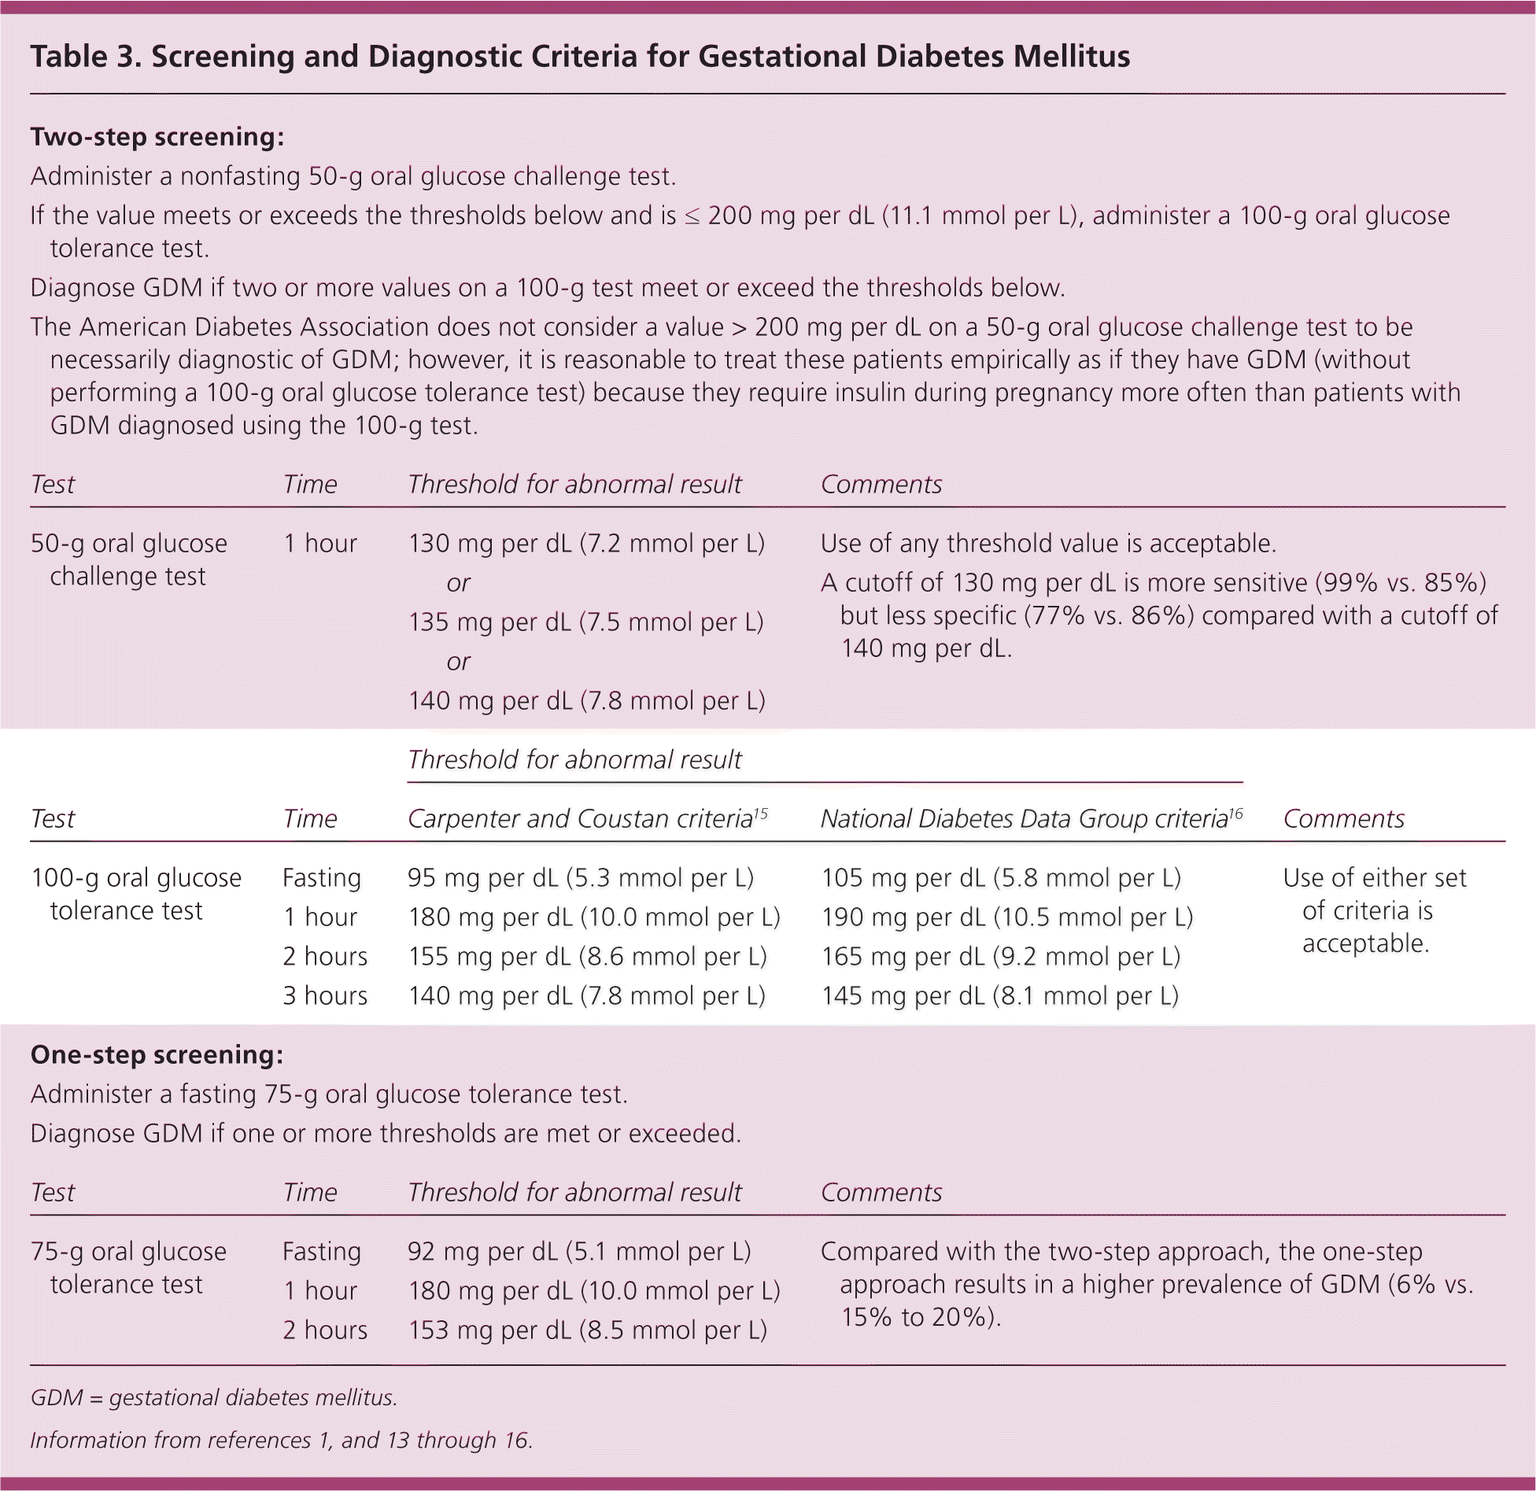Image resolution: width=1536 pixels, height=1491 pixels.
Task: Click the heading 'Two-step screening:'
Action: pyautogui.click(x=157, y=137)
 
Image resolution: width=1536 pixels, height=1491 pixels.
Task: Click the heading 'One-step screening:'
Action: pyautogui.click(x=157, y=1054)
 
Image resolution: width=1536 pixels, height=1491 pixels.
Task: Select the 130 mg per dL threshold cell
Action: pyautogui.click(x=586, y=544)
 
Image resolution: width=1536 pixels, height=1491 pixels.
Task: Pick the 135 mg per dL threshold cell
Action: pyautogui.click(x=585, y=622)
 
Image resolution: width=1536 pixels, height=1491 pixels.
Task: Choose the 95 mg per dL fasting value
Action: pyautogui.click(x=581, y=878)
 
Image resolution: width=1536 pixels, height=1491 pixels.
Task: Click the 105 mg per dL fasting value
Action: pyautogui.click(x=1001, y=878)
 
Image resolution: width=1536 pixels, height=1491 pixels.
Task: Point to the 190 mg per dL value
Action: pyautogui.click(x=1007, y=917)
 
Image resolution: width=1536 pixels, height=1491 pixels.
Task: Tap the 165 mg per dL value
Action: pyautogui.click(x=1001, y=957)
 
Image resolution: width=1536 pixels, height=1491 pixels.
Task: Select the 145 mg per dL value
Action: pyautogui.click(x=1000, y=996)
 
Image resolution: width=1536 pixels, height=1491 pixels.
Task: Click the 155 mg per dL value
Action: pyautogui.click(x=587, y=957)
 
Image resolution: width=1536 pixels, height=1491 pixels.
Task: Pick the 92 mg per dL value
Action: pyautogui.click(x=579, y=1252)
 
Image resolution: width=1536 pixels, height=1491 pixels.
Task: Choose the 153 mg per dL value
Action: pyautogui.click(x=587, y=1330)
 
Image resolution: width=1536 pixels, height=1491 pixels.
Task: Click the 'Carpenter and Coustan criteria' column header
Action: pyautogui.click(x=581, y=819)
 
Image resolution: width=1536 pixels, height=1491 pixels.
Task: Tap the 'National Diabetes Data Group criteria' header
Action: pyautogui.click(x=1024, y=819)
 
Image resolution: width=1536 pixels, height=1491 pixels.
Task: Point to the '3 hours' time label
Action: pyautogui.click(x=325, y=996)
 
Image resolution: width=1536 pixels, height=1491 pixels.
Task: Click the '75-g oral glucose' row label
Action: pyautogui.click(x=128, y=1252)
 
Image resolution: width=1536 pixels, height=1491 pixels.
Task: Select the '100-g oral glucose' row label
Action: pyautogui.click(x=136, y=878)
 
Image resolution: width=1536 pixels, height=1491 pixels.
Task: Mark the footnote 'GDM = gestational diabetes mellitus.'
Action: pyautogui.click(x=213, y=1397)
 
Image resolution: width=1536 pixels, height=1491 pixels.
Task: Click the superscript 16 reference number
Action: pyautogui.click(x=1235, y=813)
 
